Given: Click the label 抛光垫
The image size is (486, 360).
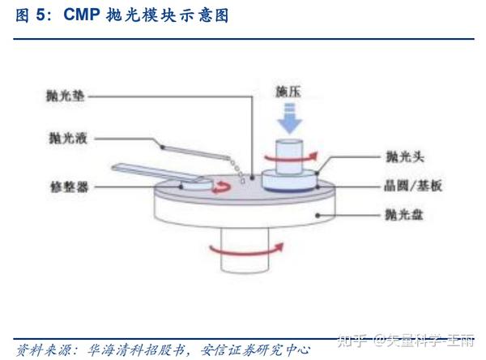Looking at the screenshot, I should pos(64,96).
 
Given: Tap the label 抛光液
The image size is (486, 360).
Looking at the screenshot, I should pos(64,139).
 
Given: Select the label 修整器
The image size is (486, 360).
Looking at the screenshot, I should pos(64,186).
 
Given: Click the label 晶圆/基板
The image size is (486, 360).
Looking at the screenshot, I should pos(412,185).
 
